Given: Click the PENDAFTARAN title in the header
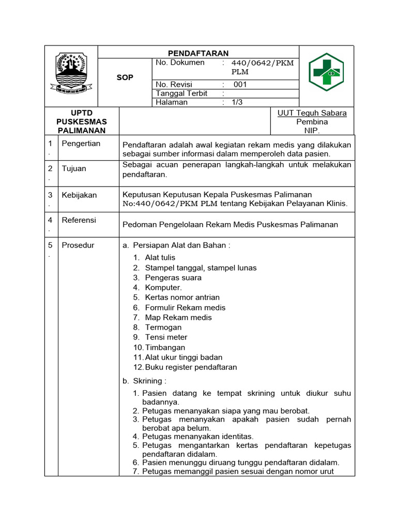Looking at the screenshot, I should [198, 53].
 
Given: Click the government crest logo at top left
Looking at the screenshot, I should [71, 72].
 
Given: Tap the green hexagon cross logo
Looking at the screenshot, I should [326, 72].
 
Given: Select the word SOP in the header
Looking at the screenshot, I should [125, 77].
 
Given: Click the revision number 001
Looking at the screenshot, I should [240, 84].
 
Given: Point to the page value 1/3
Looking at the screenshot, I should [237, 102].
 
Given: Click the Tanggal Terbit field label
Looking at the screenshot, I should [181, 94].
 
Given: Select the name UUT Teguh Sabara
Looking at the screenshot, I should [312, 113].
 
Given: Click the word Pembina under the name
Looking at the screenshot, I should [312, 122].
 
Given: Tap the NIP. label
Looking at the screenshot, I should [312, 131].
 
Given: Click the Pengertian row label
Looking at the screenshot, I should [81, 144].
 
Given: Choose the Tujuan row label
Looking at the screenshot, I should [74, 169].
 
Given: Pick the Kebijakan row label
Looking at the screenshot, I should [79, 195].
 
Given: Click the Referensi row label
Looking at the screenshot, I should [79, 220].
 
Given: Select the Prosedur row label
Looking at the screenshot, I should [78, 245].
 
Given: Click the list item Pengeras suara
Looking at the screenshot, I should [173, 277].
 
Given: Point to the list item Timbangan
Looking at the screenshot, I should [165, 348].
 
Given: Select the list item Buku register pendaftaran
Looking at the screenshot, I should [191, 367].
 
